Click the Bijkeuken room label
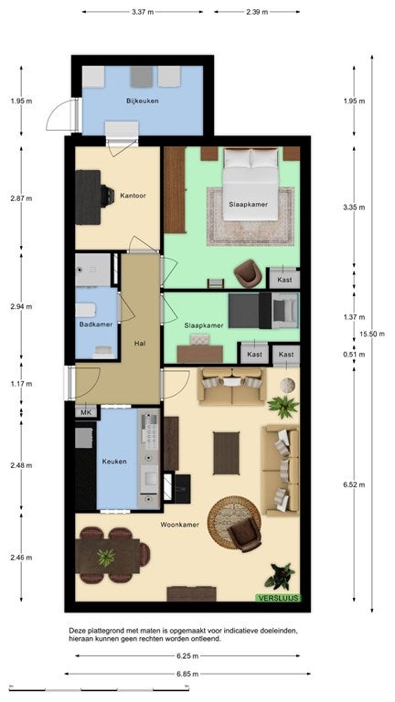click(143, 101)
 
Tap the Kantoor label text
click(133, 196)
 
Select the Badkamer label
click(96, 324)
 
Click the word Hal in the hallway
click(140, 344)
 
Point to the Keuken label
click(114, 462)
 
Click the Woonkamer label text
click(180, 525)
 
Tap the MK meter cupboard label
click(86, 413)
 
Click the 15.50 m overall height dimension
click(372, 334)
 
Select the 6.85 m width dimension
click(187, 674)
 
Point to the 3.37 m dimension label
click(143, 12)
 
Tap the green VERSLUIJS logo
click(278, 598)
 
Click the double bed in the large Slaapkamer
click(251, 184)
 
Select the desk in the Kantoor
click(88, 197)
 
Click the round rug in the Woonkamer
click(234, 523)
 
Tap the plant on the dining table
click(106, 558)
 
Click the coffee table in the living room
click(226, 452)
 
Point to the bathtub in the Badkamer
click(86, 310)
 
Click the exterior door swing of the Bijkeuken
click(62, 114)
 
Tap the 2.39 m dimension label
click(257, 12)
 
